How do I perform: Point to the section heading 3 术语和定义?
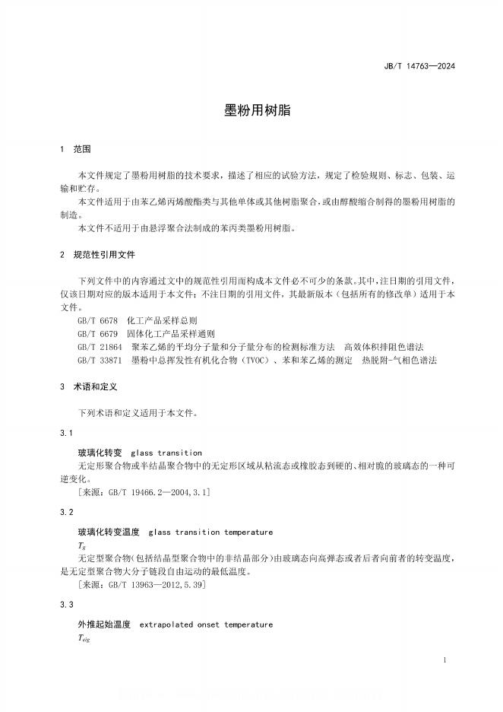coord(87,386)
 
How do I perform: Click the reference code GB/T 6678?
coord(97,321)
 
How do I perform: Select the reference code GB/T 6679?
coord(97,333)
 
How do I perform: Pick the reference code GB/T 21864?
coord(99,346)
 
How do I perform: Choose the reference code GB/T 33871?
coord(99,359)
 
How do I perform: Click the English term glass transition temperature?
coord(210,532)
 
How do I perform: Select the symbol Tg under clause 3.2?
coord(81,546)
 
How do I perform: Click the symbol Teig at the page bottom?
coord(84,639)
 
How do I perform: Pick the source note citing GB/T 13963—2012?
coord(142,585)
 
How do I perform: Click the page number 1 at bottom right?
coord(444,660)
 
